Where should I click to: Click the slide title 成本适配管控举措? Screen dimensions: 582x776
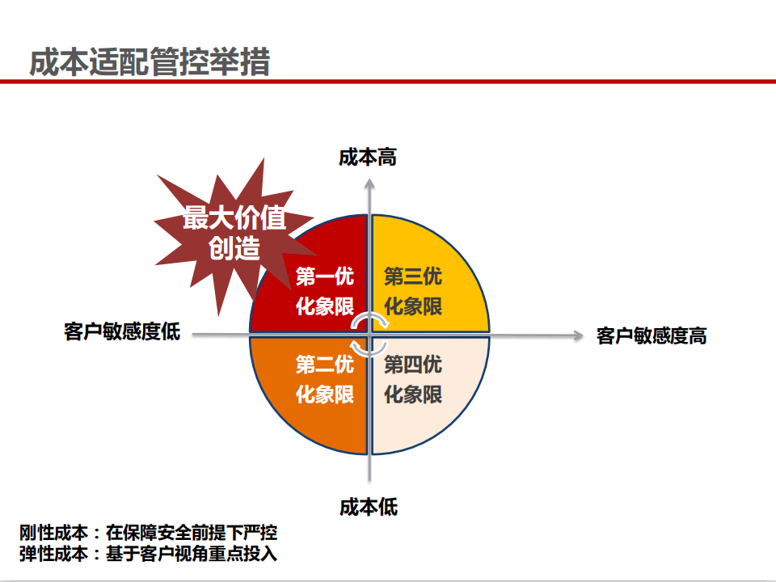[x=150, y=62]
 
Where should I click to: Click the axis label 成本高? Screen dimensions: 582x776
[x=368, y=157]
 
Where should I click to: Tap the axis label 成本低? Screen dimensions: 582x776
[x=369, y=508]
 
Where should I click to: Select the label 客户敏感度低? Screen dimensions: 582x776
[x=122, y=332]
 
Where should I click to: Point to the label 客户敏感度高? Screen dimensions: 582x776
[x=652, y=335]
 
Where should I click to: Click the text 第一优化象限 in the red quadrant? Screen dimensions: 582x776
[x=324, y=292]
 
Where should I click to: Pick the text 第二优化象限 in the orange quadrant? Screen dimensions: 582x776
[x=324, y=379]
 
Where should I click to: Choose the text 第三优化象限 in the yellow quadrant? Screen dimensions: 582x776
[x=412, y=292]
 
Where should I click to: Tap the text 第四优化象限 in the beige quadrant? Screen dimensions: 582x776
[x=412, y=379]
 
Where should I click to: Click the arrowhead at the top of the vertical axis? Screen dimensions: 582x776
[x=369, y=184]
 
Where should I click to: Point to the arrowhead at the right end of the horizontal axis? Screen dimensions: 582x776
[x=577, y=333]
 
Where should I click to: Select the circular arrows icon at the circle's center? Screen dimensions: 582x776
[x=370, y=333]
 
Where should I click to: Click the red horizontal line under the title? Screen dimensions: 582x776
[x=388, y=82]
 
